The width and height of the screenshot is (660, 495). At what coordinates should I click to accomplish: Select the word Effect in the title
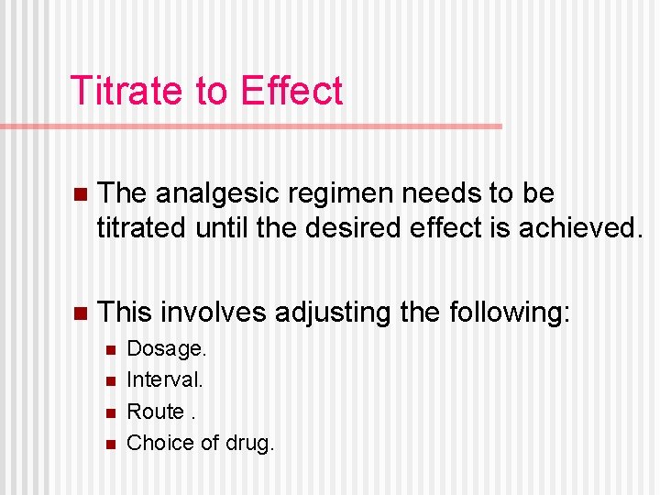click(x=291, y=91)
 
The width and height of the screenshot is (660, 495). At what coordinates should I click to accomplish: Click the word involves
click(x=217, y=313)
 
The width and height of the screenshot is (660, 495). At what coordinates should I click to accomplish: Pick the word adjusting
click(x=335, y=313)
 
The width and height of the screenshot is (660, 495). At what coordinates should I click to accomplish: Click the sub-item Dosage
click(x=167, y=349)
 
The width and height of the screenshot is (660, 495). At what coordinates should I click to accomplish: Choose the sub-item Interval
click(x=165, y=379)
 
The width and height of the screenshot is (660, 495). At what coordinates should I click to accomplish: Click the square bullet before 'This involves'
click(x=80, y=313)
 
